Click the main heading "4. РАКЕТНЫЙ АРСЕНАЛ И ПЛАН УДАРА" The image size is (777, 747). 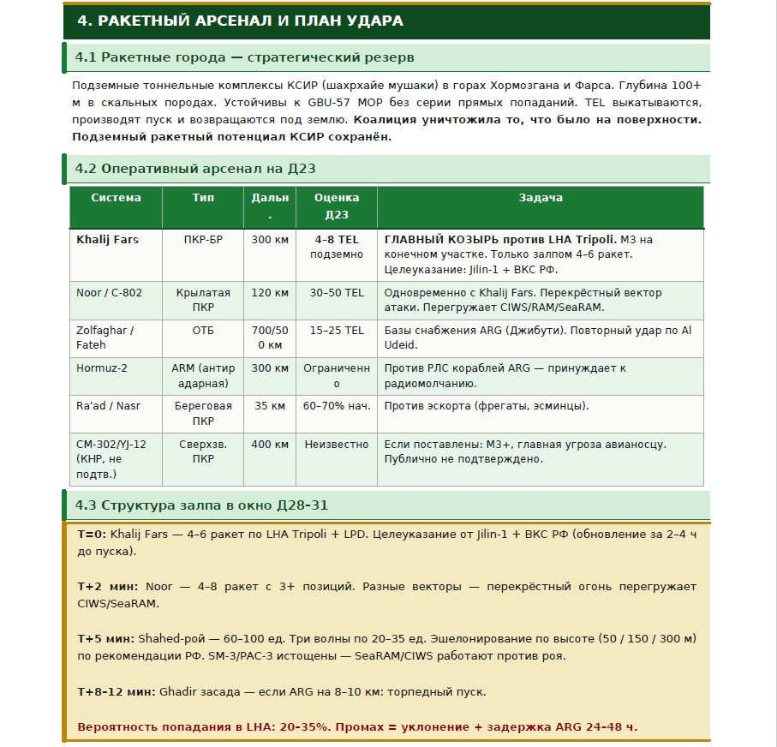[x=240, y=21]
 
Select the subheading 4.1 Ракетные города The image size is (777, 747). [x=244, y=57]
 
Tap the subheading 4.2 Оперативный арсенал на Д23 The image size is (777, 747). [x=195, y=169]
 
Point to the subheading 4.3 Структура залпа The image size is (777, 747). [x=201, y=505]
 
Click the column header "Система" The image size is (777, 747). [x=116, y=198]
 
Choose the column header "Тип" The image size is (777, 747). [x=203, y=198]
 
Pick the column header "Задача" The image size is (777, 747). [x=540, y=198]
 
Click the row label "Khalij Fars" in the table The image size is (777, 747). [x=107, y=240]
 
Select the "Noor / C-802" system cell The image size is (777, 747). [x=110, y=293]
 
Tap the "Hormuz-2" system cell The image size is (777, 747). [x=102, y=368]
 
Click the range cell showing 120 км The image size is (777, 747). [x=270, y=293]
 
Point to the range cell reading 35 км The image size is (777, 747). [x=270, y=406]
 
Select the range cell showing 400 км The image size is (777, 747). [x=270, y=445]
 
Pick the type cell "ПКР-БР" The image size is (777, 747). [x=203, y=240]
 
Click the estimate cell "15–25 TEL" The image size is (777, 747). [x=337, y=331]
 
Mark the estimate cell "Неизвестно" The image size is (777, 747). [x=337, y=445]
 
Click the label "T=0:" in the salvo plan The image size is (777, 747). [x=92, y=535]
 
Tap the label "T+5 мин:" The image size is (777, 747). [x=105, y=639]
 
